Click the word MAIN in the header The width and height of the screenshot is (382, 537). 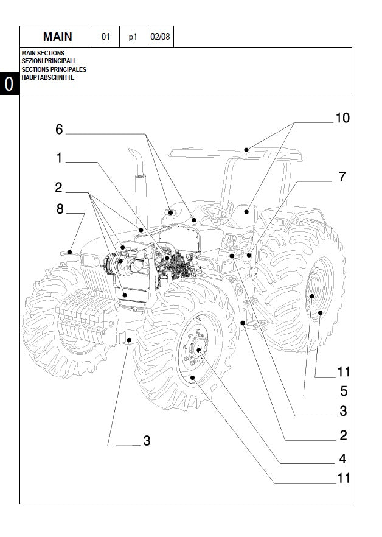tap(57, 37)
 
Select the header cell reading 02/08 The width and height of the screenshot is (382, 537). tap(160, 37)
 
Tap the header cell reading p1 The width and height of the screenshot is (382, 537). tap(133, 37)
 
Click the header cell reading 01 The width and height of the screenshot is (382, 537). tap(105, 37)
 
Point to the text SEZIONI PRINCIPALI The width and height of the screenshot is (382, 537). tap(48, 61)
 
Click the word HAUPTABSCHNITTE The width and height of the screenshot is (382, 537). tap(48, 77)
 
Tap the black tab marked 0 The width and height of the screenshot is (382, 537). tap(9, 85)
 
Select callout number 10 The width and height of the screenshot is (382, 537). tap(342, 118)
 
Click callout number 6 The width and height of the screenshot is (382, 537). tap(59, 130)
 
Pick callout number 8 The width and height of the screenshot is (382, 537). tap(60, 209)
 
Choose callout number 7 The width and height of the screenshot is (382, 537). tap(342, 177)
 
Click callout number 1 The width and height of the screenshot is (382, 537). tap(59, 158)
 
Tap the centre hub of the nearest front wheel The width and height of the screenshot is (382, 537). tap(198, 350)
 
